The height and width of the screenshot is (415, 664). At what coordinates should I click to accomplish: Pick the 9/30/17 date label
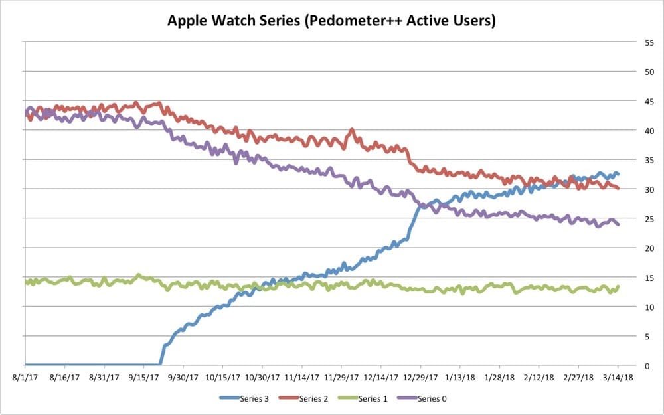(x=183, y=377)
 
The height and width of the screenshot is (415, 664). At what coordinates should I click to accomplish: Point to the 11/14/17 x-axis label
(x=301, y=377)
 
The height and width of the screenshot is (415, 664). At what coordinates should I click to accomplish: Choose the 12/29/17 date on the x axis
(x=420, y=377)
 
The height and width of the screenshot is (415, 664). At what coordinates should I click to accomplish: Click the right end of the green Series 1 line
(x=618, y=287)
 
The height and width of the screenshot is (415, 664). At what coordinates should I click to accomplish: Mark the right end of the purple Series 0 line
(x=618, y=224)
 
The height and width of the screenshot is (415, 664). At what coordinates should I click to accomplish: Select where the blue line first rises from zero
(x=160, y=363)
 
